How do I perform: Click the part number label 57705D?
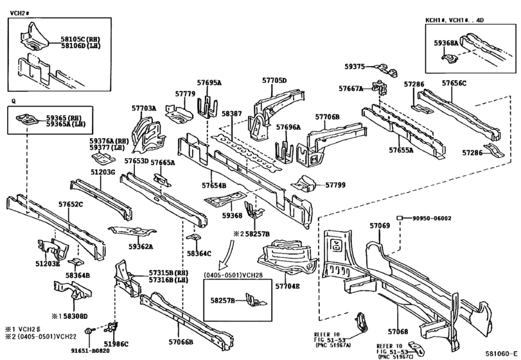(274, 80)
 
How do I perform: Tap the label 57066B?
(181, 342)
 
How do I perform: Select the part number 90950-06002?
(432, 219)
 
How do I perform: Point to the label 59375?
(354, 66)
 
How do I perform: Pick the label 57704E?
(287, 286)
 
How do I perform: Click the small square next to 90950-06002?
(400, 218)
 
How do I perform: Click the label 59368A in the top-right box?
(446, 43)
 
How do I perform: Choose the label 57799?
(335, 184)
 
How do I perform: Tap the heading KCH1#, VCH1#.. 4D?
(455, 20)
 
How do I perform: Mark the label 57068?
(398, 332)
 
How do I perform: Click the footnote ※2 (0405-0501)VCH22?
(40, 336)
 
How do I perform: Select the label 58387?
(232, 114)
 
